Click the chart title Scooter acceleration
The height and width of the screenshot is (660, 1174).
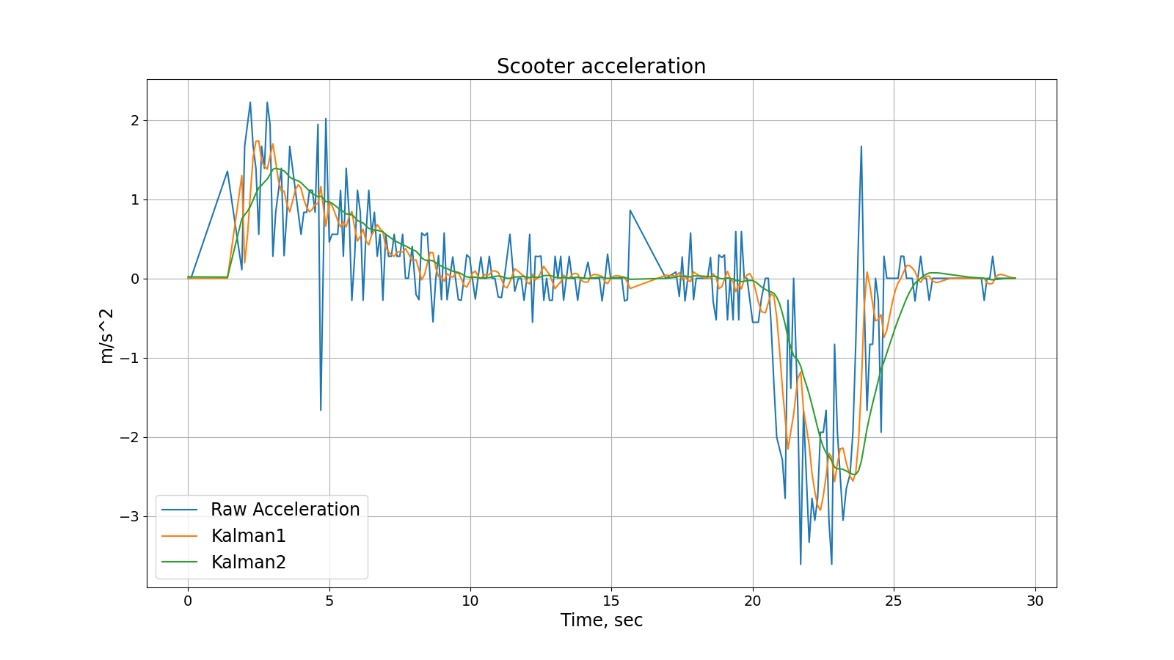601,66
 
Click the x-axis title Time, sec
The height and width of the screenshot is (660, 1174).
602,620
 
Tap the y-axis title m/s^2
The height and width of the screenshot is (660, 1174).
107,335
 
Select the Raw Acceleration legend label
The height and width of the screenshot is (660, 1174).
285,510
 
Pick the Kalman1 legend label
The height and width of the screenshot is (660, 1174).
248,536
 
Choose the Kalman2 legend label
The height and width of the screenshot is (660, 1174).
248,562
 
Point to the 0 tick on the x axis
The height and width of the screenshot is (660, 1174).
188,601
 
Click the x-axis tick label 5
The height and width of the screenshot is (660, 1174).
329,601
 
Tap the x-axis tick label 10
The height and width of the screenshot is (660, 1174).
470,601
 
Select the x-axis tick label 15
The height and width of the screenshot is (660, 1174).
611,601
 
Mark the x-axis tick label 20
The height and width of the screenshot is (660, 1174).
753,601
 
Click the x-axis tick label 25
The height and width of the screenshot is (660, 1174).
894,601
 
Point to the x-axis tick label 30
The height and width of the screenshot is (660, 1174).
1035,601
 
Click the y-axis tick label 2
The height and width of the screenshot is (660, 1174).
134,120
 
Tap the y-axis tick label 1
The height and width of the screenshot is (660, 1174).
134,199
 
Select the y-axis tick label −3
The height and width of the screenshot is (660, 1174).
129,516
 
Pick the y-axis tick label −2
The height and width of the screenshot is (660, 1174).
129,437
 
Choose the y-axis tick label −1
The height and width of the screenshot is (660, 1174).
129,358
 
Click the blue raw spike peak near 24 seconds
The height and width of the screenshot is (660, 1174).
861,147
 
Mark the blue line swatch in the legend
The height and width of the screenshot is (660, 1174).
180,510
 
